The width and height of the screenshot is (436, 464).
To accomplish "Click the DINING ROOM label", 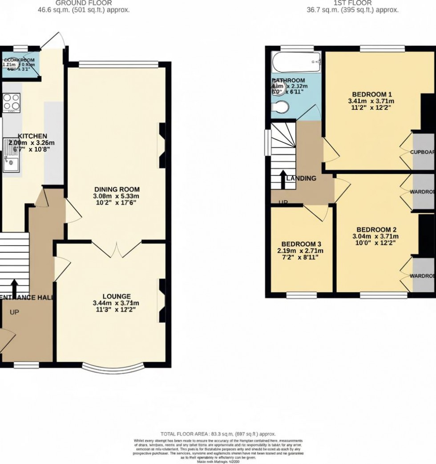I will coord(116,189).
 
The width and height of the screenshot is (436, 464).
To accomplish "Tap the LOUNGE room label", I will coord(116,296).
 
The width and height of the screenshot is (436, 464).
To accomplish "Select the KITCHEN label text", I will coord(32,136).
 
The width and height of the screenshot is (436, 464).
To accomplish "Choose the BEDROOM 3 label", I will coord(302,244).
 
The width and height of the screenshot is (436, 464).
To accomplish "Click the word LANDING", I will coord(302,178).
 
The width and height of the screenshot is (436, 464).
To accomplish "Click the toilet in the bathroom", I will coord(280,107).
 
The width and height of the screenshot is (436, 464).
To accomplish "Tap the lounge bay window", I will coord(113,368).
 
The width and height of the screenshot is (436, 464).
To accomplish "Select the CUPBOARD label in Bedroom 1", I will coord(422,152).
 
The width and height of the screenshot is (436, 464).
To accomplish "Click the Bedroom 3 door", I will coord(317,212).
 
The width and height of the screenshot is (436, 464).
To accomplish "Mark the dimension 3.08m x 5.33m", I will coord(116,196).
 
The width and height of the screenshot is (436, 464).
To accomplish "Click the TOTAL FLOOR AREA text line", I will coord(218,434).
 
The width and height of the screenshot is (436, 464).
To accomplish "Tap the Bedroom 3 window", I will coord(302,294).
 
